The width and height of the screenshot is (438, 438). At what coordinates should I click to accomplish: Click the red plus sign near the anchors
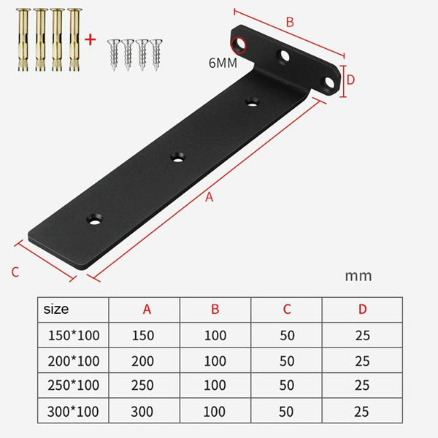click(91, 39)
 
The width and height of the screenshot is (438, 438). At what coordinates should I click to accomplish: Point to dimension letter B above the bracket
click(290, 23)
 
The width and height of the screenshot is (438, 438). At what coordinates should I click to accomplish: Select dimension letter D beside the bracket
click(350, 80)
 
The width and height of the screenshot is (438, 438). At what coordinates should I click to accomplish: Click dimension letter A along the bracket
click(210, 197)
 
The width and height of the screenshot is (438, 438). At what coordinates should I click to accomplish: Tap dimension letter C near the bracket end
click(15, 272)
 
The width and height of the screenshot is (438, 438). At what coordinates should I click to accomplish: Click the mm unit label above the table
click(358, 276)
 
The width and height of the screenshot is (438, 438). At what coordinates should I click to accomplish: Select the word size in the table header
click(56, 309)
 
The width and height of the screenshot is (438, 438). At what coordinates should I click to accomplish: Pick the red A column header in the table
click(147, 310)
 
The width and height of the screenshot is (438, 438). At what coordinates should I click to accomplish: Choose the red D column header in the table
click(362, 310)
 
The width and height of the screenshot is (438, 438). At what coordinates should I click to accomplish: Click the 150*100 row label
click(72, 336)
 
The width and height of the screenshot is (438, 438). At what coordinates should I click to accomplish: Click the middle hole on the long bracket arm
click(177, 155)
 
